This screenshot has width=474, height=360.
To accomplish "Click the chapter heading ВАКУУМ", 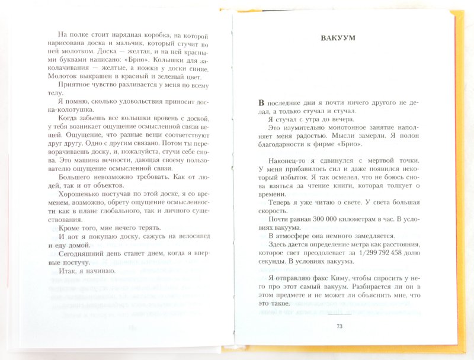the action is coord(337,40).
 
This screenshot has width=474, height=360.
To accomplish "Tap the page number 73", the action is coord(339,326).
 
